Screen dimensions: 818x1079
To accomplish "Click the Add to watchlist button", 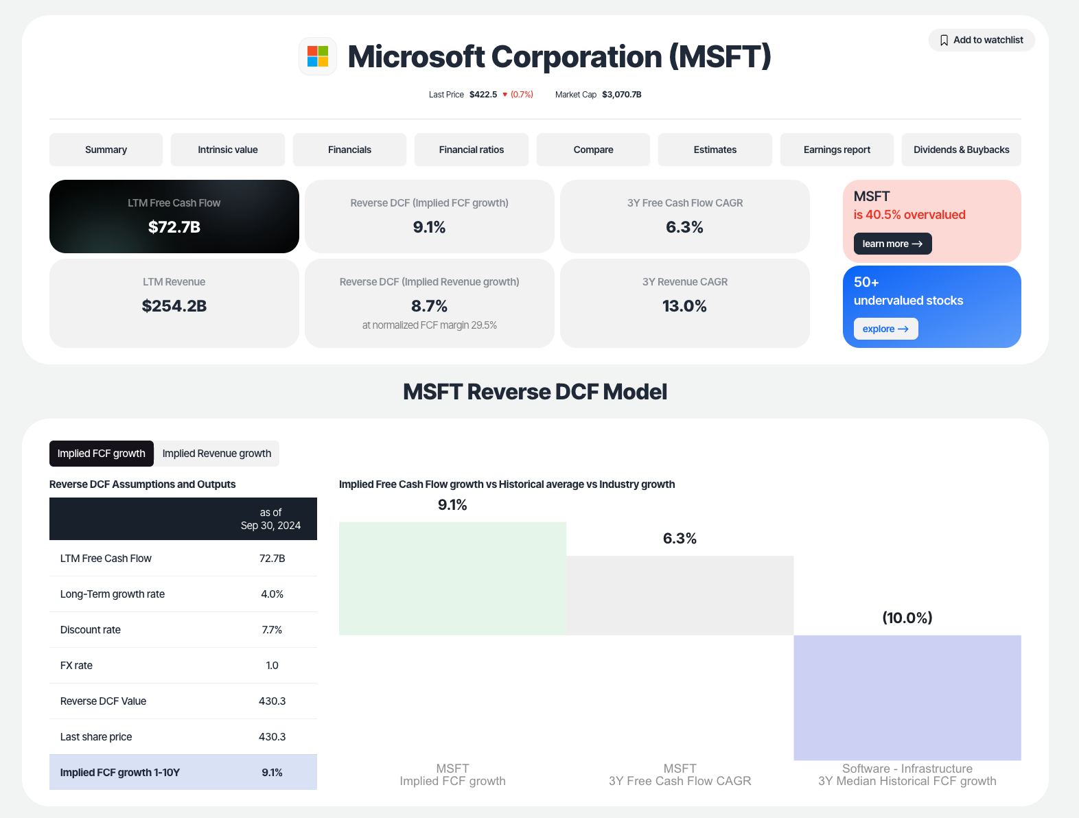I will tap(982, 40).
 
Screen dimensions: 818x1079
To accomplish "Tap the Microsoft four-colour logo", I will tap(318, 56).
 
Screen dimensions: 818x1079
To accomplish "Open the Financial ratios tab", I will tap(471, 150).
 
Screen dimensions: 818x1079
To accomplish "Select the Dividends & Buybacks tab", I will tap(961, 150).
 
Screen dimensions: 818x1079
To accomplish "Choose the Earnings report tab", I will tap(837, 150).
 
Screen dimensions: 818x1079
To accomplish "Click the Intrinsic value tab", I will tap(228, 150).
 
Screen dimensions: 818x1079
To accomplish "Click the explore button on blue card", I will tap(885, 329).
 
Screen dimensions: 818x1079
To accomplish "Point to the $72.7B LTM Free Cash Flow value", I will tap(174, 227).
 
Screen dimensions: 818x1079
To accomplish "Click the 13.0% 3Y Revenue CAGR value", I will tap(684, 306).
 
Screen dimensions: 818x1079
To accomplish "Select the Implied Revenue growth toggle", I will tap(217, 454).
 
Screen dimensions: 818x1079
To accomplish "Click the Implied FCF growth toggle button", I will tap(102, 454).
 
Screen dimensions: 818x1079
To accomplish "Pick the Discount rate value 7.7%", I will tap(272, 630).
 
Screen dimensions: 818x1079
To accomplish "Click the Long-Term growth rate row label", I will tap(113, 594).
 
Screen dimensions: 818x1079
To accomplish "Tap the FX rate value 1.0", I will tap(272, 666).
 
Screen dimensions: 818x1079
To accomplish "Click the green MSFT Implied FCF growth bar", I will tap(452, 579).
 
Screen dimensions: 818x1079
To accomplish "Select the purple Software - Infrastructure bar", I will tap(907, 697).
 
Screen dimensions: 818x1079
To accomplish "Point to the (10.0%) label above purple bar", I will tap(907, 618).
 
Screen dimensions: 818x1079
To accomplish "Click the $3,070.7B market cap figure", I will tap(621, 95).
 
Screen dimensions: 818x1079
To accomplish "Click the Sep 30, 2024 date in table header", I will tap(270, 526).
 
